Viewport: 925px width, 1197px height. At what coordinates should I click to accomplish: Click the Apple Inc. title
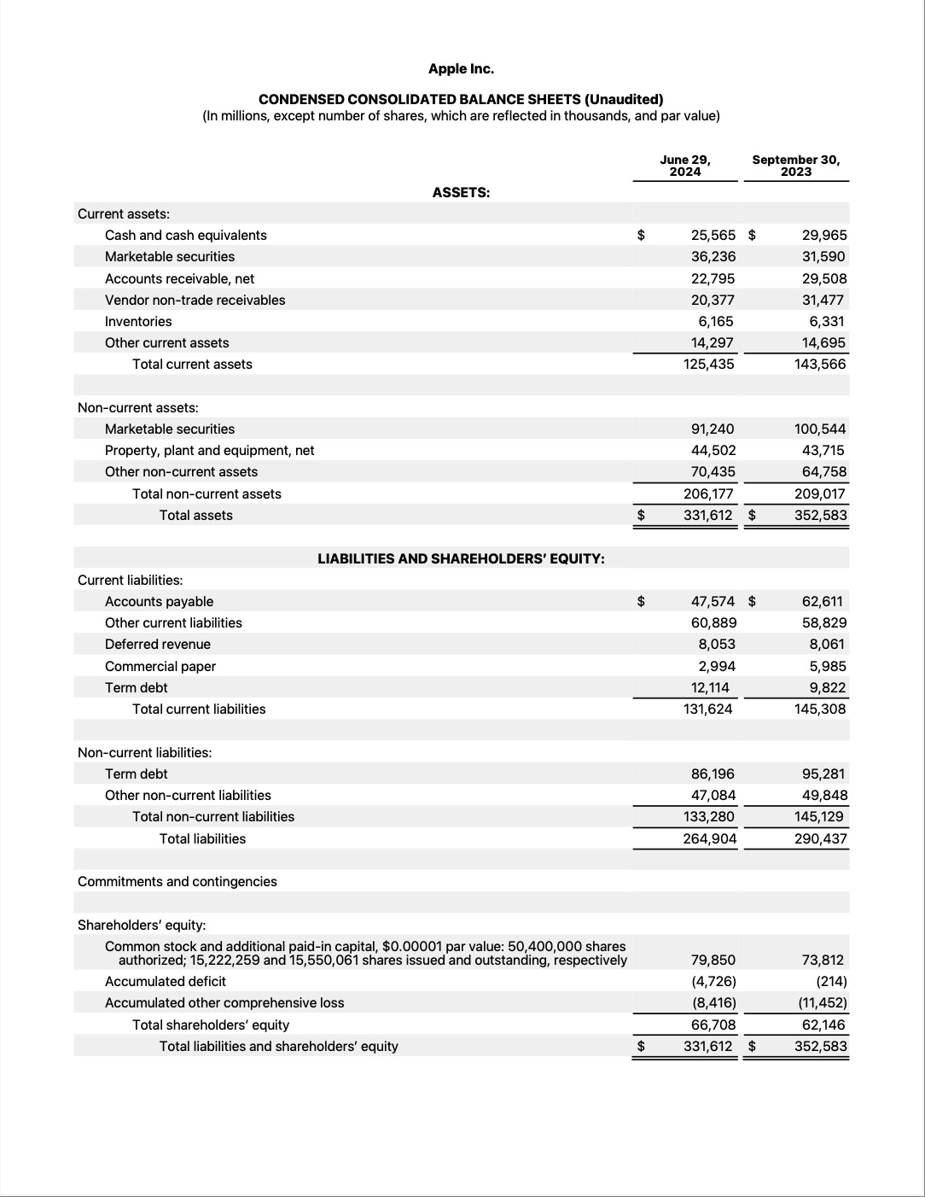[x=461, y=68]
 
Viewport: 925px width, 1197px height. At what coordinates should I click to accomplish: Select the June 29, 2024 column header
[x=684, y=166]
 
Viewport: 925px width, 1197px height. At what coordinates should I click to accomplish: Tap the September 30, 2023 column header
[x=795, y=166]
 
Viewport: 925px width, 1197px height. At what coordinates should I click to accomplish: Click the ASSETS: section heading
[x=461, y=192]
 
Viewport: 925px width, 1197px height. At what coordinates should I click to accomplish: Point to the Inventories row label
[x=138, y=321]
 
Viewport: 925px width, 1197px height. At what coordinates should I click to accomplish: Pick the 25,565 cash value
[x=713, y=235]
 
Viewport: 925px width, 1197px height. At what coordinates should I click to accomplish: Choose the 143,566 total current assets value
[x=820, y=364]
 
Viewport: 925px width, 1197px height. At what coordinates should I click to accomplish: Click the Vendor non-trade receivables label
[x=195, y=300]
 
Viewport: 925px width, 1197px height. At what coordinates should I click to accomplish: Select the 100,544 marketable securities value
[x=820, y=429]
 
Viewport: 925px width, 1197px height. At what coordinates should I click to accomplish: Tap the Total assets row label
[x=195, y=515]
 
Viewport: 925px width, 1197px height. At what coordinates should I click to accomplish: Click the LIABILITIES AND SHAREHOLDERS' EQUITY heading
[x=461, y=558]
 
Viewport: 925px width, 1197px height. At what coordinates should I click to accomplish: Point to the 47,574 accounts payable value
[x=713, y=601]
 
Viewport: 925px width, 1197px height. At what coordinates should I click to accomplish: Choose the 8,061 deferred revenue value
[x=827, y=644]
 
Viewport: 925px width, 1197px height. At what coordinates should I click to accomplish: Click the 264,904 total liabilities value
[x=709, y=838]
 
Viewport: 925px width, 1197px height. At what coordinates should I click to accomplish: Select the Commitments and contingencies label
[x=177, y=881]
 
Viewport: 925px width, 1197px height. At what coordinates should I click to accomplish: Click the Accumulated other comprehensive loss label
[x=224, y=1002]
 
